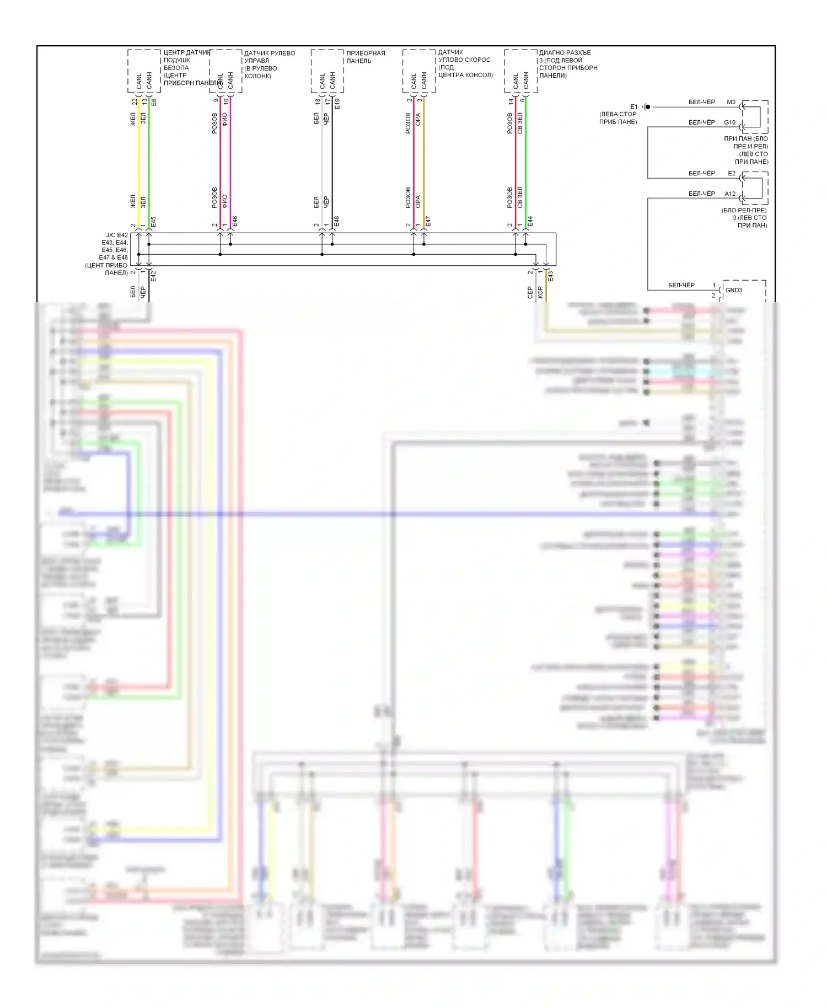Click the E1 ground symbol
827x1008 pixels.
coord(647,107)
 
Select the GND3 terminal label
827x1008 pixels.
coord(733,290)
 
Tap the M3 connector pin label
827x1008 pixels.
coord(731,102)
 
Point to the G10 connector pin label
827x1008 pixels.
coord(729,122)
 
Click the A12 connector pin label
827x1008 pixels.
coord(729,194)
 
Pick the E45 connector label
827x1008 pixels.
coord(153,222)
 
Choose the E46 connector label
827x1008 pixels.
coord(235,222)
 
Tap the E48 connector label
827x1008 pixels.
coord(337,222)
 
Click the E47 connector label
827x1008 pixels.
coord(428,222)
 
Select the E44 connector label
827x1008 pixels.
coord(530,222)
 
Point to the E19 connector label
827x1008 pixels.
coord(337,103)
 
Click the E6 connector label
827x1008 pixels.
coord(153,102)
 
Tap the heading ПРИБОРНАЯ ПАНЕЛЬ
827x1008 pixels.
coord(365,57)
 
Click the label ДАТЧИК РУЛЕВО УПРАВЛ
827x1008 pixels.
coord(269,57)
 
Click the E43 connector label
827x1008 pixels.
coord(550,276)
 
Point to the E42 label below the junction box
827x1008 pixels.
coord(153,276)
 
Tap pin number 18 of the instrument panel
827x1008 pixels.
coord(318,101)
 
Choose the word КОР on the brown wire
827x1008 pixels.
coord(540,292)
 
